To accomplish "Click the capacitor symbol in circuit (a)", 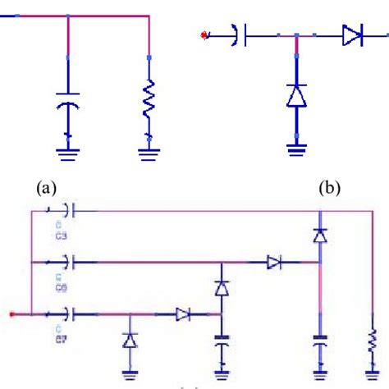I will (x=68, y=104).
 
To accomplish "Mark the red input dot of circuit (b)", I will (x=204, y=35).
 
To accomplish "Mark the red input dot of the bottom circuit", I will (x=11, y=314).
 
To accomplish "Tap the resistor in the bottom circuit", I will (x=371, y=339).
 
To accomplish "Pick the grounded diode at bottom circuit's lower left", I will (x=129, y=339).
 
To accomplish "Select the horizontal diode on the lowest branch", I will (x=182, y=314).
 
